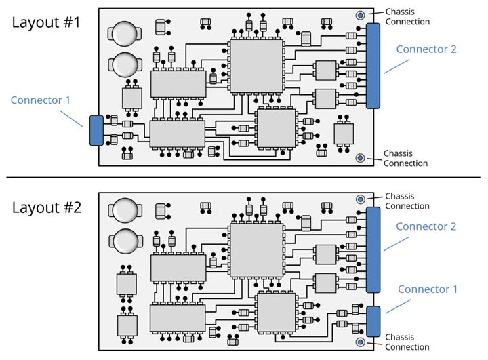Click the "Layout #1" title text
[x=46, y=22]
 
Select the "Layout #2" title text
[x=46, y=207]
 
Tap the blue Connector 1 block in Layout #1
[x=96, y=130]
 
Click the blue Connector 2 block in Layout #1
[x=373, y=66]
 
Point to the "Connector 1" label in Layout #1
[x=41, y=100]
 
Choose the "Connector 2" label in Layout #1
[x=426, y=49]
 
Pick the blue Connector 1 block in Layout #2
[x=373, y=320]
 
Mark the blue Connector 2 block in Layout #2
[x=373, y=249]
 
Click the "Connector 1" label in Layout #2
[x=428, y=289]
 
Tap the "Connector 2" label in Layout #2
[x=426, y=226]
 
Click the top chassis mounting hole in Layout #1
[x=361, y=15]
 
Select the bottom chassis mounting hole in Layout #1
[x=361, y=158]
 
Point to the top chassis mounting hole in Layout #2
[x=361, y=199]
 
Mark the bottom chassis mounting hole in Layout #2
[x=361, y=342]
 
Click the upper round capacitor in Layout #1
[x=125, y=35]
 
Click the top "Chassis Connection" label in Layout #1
[x=407, y=17]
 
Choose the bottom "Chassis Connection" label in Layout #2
[x=407, y=342]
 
